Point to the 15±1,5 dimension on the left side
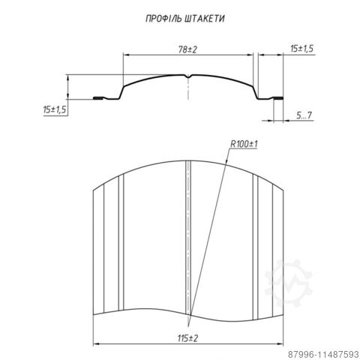[54, 109]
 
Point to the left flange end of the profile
[94, 97]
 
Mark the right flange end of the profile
[283, 97]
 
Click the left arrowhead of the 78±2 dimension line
[126, 55]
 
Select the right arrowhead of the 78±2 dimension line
[253, 55]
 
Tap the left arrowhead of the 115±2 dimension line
[94, 344]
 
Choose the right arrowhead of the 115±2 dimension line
[283, 344]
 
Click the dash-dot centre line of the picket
[187, 240]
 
